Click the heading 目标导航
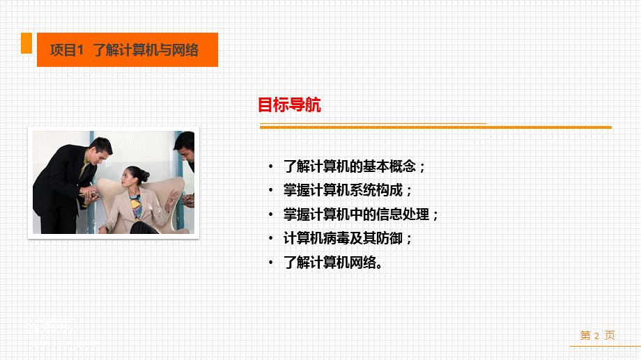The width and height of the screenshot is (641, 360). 289,105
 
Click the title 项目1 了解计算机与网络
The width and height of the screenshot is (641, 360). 125,50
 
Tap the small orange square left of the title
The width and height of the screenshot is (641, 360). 26,43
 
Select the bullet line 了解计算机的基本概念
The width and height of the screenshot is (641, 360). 355,166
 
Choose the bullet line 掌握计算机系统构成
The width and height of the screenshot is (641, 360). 348,190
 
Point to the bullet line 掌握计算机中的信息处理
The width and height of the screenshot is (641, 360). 362,214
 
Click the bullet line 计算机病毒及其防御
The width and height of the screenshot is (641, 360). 348,238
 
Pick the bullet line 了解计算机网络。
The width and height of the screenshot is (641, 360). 334,263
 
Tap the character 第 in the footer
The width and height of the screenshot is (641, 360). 585,336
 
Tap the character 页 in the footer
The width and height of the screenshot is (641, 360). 610,336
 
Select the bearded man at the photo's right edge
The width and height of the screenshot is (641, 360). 185,150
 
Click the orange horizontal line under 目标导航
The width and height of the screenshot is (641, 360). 435,127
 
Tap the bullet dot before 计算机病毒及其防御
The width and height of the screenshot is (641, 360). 271,239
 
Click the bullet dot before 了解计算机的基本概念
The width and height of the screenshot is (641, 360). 271,167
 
